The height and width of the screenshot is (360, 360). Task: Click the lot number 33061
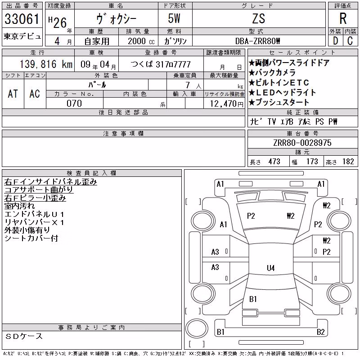coord(22,18)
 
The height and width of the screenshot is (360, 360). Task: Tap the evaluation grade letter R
coord(343,18)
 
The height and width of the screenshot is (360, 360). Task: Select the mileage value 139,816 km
coord(46,64)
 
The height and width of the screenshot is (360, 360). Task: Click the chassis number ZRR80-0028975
coord(302,143)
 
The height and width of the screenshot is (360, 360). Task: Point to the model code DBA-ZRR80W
coord(258,41)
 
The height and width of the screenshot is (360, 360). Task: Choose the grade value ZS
coord(259,18)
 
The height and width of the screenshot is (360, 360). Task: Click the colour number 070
coord(74,103)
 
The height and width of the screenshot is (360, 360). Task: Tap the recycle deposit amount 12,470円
coord(227,103)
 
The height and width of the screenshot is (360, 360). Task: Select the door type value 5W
coord(174,18)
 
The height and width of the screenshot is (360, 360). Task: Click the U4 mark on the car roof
coord(271,268)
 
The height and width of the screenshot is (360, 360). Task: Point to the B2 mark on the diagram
coord(320,332)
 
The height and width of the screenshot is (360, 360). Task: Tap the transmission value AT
coord(13,94)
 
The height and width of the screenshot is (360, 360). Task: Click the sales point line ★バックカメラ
coord(272,72)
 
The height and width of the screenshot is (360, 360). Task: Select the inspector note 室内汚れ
coord(19,206)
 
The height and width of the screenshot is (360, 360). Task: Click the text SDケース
coord(24,336)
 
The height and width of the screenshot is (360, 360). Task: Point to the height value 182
coord(348,162)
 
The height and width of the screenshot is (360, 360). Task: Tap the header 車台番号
coord(302,133)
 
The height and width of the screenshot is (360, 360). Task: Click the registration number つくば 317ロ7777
coord(161,64)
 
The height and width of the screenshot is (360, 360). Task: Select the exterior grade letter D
coord(335,41)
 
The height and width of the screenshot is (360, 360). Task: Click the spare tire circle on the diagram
coord(197,328)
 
